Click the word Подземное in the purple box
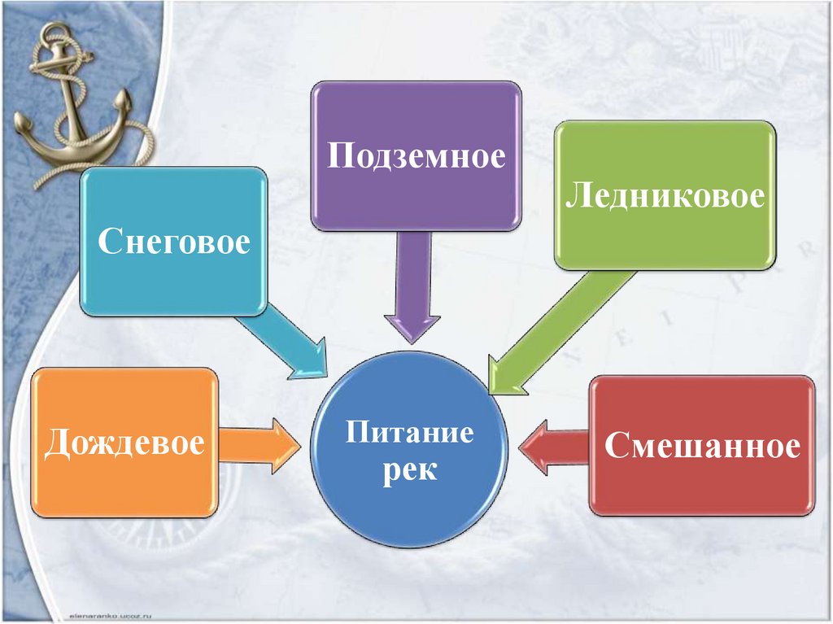(x=416, y=155)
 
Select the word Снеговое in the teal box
(x=174, y=242)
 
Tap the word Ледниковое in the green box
(x=665, y=196)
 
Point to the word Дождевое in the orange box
(x=124, y=443)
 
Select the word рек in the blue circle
(x=409, y=469)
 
